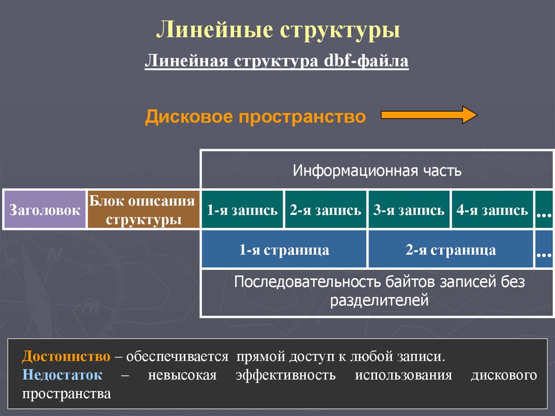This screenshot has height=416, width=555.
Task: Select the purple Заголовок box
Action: pyautogui.click(x=44, y=209)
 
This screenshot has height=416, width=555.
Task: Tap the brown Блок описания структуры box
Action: pyautogui.click(x=143, y=209)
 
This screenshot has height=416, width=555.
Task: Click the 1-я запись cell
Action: pyautogui.click(x=242, y=210)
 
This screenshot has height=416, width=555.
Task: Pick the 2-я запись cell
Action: pyautogui.click(x=325, y=210)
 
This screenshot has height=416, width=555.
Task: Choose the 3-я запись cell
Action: pyautogui.click(x=409, y=210)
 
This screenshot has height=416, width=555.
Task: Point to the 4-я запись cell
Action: pyautogui.click(x=492, y=210)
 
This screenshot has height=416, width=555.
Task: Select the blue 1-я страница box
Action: pyautogui.click(x=284, y=250)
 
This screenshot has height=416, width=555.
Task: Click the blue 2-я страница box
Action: pyautogui.click(x=450, y=250)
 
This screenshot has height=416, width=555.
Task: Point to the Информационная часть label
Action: pyautogui.click(x=377, y=171)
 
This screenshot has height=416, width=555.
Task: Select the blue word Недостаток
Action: pyautogui.click(x=62, y=375)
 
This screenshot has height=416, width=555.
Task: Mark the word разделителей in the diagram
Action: pyautogui.click(x=379, y=300)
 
